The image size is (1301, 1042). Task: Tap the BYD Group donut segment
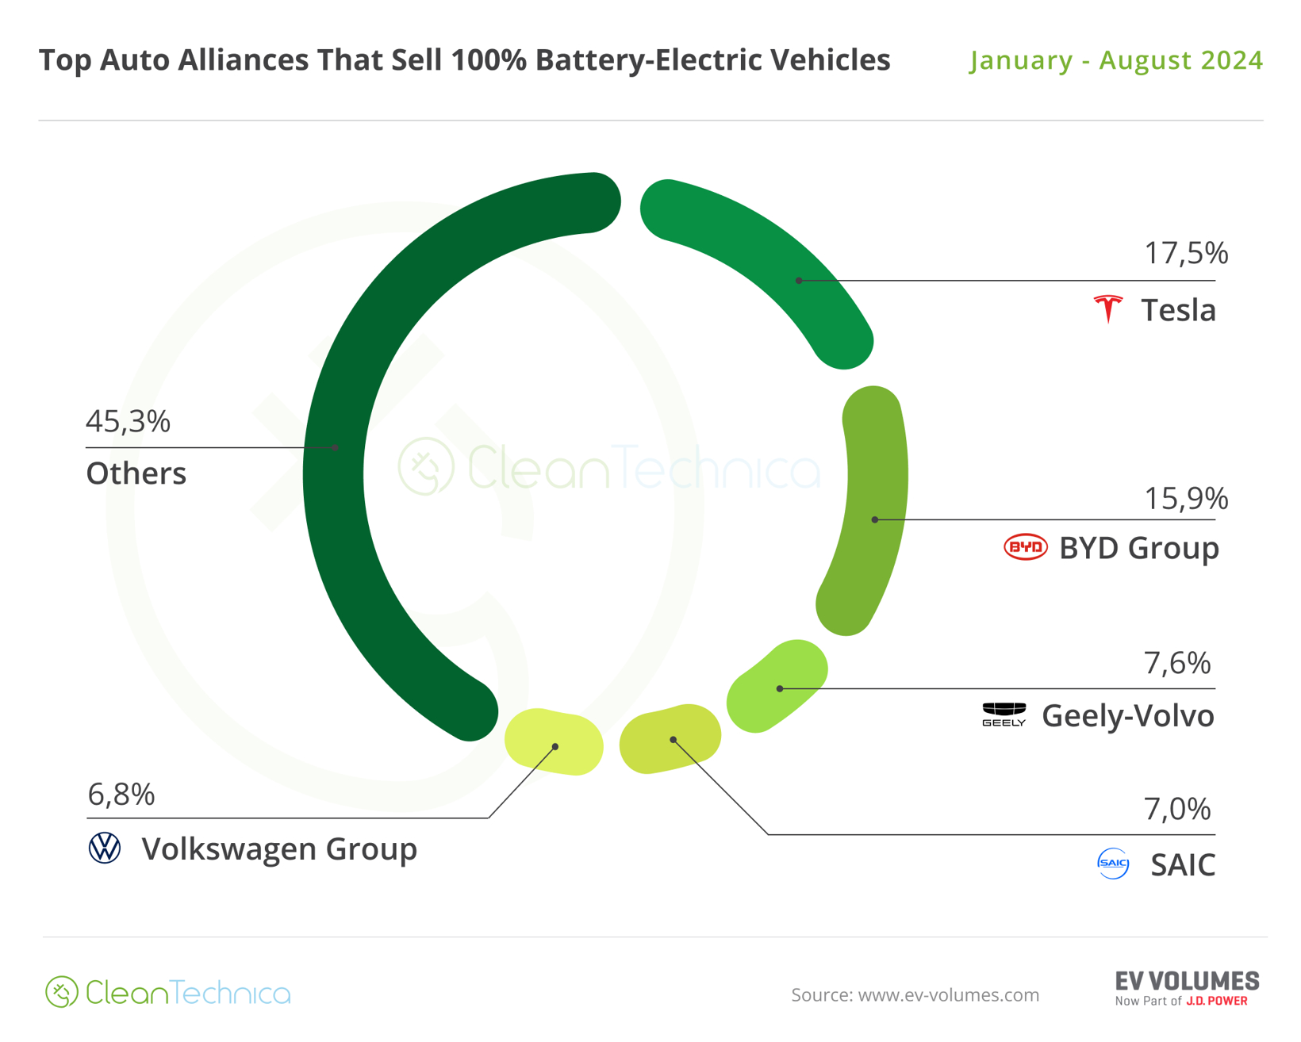[x=873, y=508]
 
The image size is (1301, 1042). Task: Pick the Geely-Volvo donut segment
[x=777, y=687]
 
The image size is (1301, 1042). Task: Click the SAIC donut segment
[x=670, y=738]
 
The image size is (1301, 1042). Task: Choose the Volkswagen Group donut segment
[x=555, y=741]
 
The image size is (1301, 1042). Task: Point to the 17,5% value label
[x=1185, y=253]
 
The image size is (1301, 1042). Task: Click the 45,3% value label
[x=128, y=421]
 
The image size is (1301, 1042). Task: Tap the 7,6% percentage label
[x=1177, y=662]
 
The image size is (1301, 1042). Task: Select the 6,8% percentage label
[x=121, y=794]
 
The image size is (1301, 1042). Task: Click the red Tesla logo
[x=1108, y=308]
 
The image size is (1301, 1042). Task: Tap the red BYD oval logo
[x=1026, y=547]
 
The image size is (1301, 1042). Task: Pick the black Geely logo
[x=1004, y=714]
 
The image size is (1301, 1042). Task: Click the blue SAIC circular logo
[x=1113, y=863]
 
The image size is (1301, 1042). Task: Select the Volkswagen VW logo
[x=105, y=848]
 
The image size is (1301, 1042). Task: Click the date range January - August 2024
[x=1115, y=60]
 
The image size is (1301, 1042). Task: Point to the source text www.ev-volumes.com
[x=915, y=994]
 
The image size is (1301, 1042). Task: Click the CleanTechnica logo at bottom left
[x=168, y=992]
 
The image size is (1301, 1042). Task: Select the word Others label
[x=136, y=473]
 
